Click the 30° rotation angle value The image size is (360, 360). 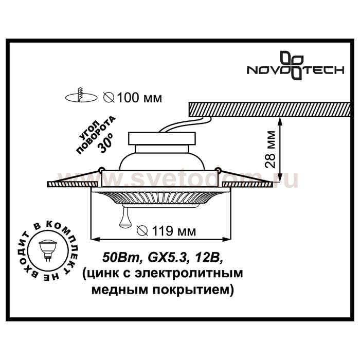(106, 145)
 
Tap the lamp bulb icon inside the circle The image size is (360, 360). (48, 250)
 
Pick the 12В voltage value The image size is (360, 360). (208, 258)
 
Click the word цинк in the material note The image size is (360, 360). (104, 274)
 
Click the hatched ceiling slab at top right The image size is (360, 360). (269, 110)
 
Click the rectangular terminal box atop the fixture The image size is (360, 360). (162, 138)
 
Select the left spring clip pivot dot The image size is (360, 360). (100, 170)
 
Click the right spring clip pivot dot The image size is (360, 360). (218, 170)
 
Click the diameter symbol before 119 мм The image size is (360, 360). (142, 230)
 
